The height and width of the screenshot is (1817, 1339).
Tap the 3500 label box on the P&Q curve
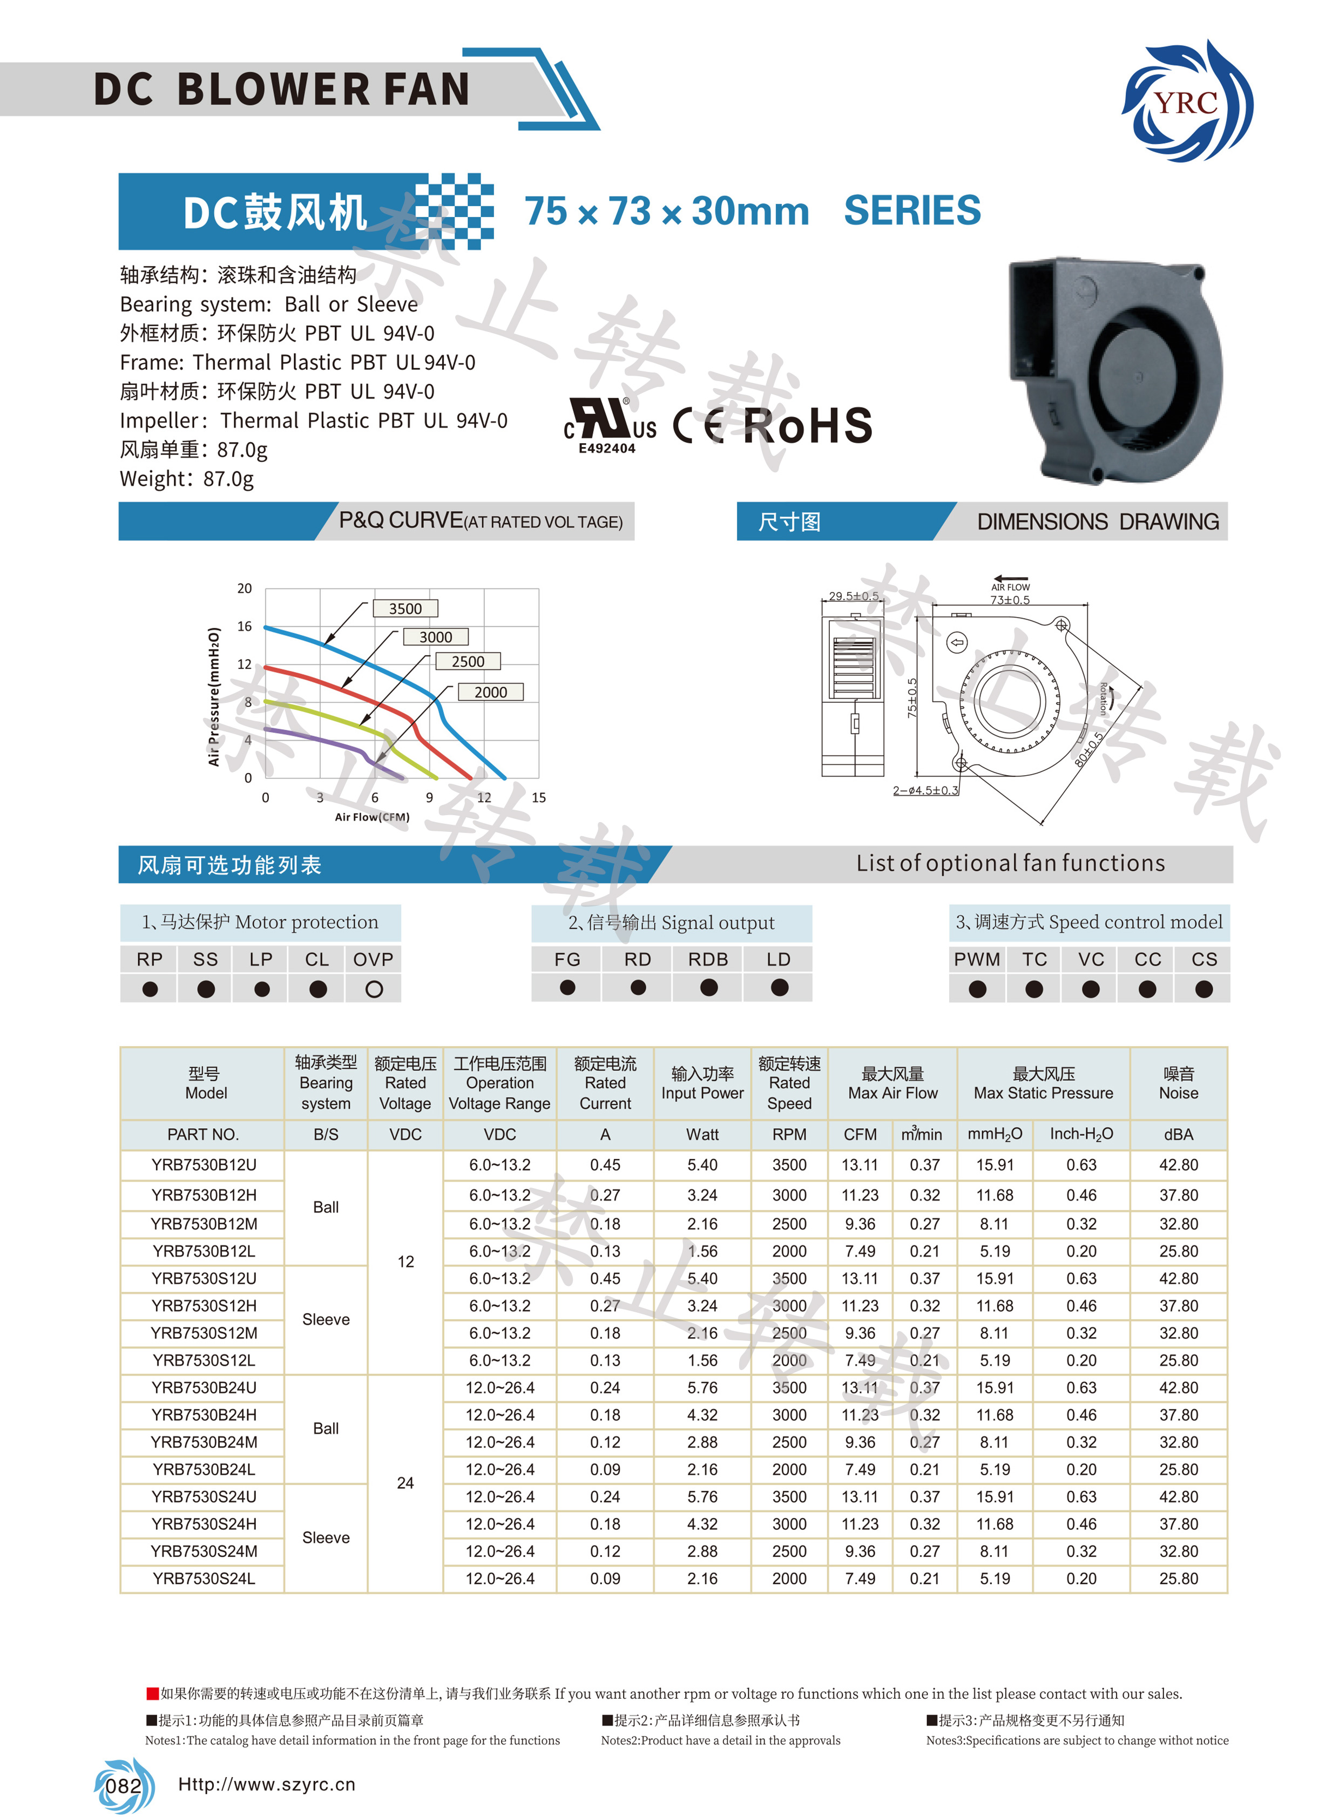[405, 609]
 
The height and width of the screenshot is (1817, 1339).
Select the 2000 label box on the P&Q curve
[490, 692]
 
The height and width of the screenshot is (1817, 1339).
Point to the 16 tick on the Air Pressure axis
[245, 627]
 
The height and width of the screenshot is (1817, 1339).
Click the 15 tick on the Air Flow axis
[539, 797]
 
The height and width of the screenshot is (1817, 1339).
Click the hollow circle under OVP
[374, 989]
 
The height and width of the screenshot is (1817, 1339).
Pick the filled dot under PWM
[977, 989]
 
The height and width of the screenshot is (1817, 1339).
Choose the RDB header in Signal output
[708, 960]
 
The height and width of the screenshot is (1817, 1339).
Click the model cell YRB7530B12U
[204, 1164]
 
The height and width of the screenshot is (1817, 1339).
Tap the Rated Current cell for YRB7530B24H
[605, 1415]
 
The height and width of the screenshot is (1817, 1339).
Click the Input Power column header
[702, 1083]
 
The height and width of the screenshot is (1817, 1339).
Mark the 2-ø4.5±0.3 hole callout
[925, 790]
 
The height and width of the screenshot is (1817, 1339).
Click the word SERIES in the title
[912, 212]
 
